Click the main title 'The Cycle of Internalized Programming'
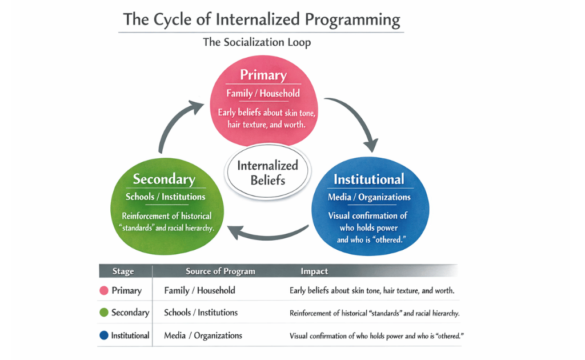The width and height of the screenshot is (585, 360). tap(262, 20)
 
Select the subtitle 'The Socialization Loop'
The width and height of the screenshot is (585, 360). tap(257, 43)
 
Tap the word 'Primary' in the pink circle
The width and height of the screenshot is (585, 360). tap(263, 75)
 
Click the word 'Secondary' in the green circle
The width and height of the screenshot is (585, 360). tap(164, 179)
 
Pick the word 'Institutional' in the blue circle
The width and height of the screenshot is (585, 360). tap(368, 179)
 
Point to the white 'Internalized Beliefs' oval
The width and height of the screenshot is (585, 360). tap(267, 173)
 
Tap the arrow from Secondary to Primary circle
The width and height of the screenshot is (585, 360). tap(174, 126)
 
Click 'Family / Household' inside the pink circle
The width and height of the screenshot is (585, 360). tap(263, 94)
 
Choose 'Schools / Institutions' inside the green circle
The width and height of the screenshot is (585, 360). tap(166, 197)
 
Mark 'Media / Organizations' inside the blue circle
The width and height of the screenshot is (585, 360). tap(369, 197)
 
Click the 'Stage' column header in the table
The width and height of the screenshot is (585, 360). tap(123, 271)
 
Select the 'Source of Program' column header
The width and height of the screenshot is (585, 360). tap(220, 271)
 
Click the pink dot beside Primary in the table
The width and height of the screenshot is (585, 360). tap(104, 291)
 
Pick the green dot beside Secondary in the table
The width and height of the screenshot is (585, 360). tap(104, 313)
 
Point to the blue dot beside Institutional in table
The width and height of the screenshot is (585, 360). tap(104, 336)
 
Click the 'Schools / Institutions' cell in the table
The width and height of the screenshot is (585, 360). tap(201, 313)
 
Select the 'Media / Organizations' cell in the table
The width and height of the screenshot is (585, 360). tap(203, 336)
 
